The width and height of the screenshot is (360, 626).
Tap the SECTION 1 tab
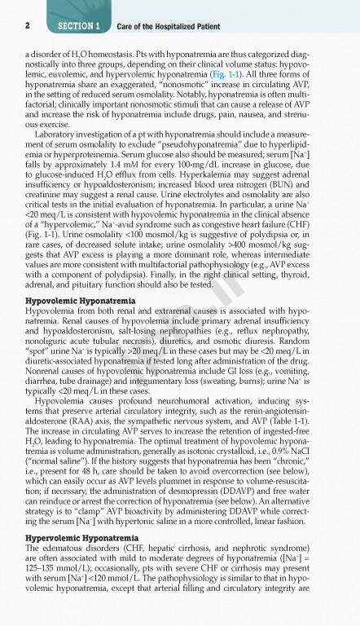pos(79,26)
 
